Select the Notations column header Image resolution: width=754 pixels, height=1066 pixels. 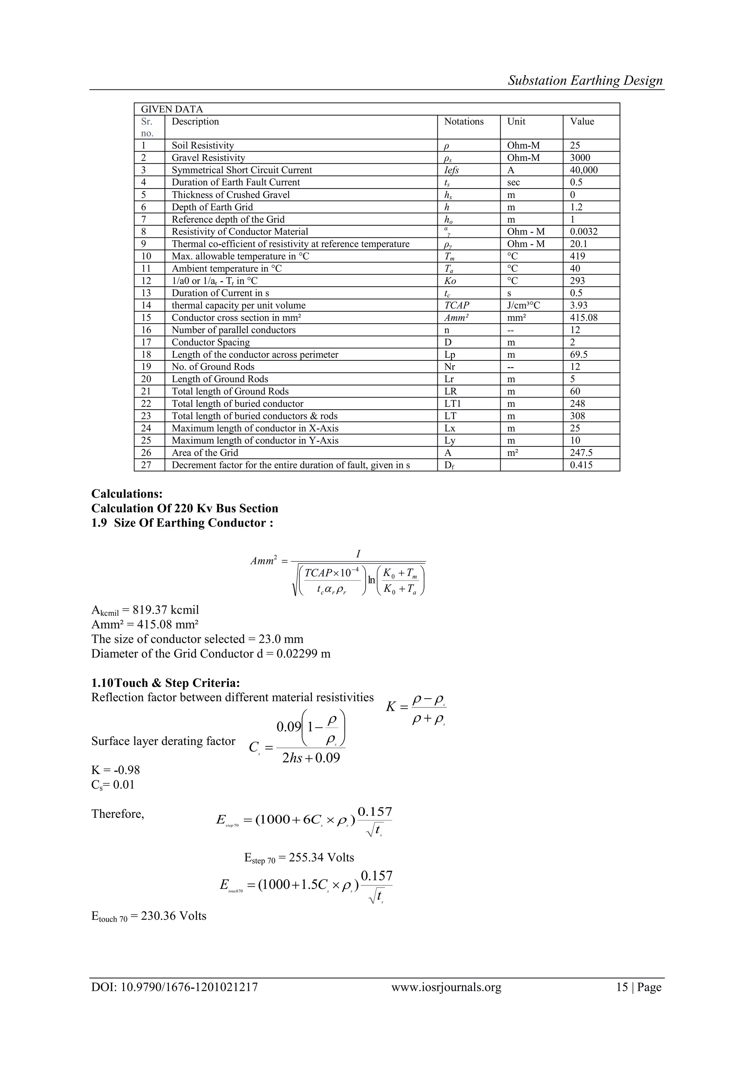point(464,121)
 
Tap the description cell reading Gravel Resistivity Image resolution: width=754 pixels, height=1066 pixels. point(208,158)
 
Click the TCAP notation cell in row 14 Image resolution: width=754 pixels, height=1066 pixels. point(457,306)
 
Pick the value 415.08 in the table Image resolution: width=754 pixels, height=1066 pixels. point(584,318)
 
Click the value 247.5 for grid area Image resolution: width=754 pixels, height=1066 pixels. point(581,453)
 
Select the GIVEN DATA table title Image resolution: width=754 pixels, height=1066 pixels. point(172,109)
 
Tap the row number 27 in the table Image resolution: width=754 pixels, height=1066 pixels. point(146,465)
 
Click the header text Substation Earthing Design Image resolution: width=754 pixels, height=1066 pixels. point(585,80)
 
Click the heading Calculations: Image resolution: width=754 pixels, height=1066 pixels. point(127,494)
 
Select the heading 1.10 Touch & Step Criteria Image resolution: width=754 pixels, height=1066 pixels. point(165,683)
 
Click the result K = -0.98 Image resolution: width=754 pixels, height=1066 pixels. point(116,770)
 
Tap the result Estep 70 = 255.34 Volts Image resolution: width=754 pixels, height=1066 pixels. point(299,858)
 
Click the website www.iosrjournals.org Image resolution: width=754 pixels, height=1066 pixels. point(446,987)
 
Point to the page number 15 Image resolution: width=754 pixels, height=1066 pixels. point(622,987)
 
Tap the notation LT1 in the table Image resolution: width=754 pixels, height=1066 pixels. point(453,404)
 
